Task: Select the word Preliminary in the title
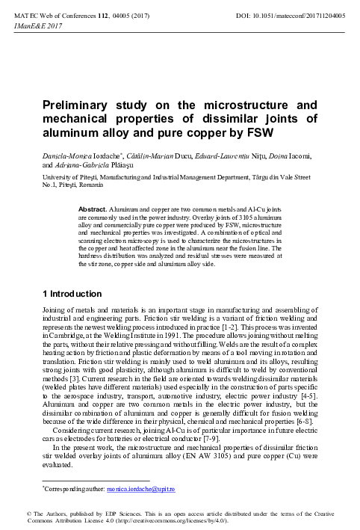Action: pyautogui.click(x=77, y=105)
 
